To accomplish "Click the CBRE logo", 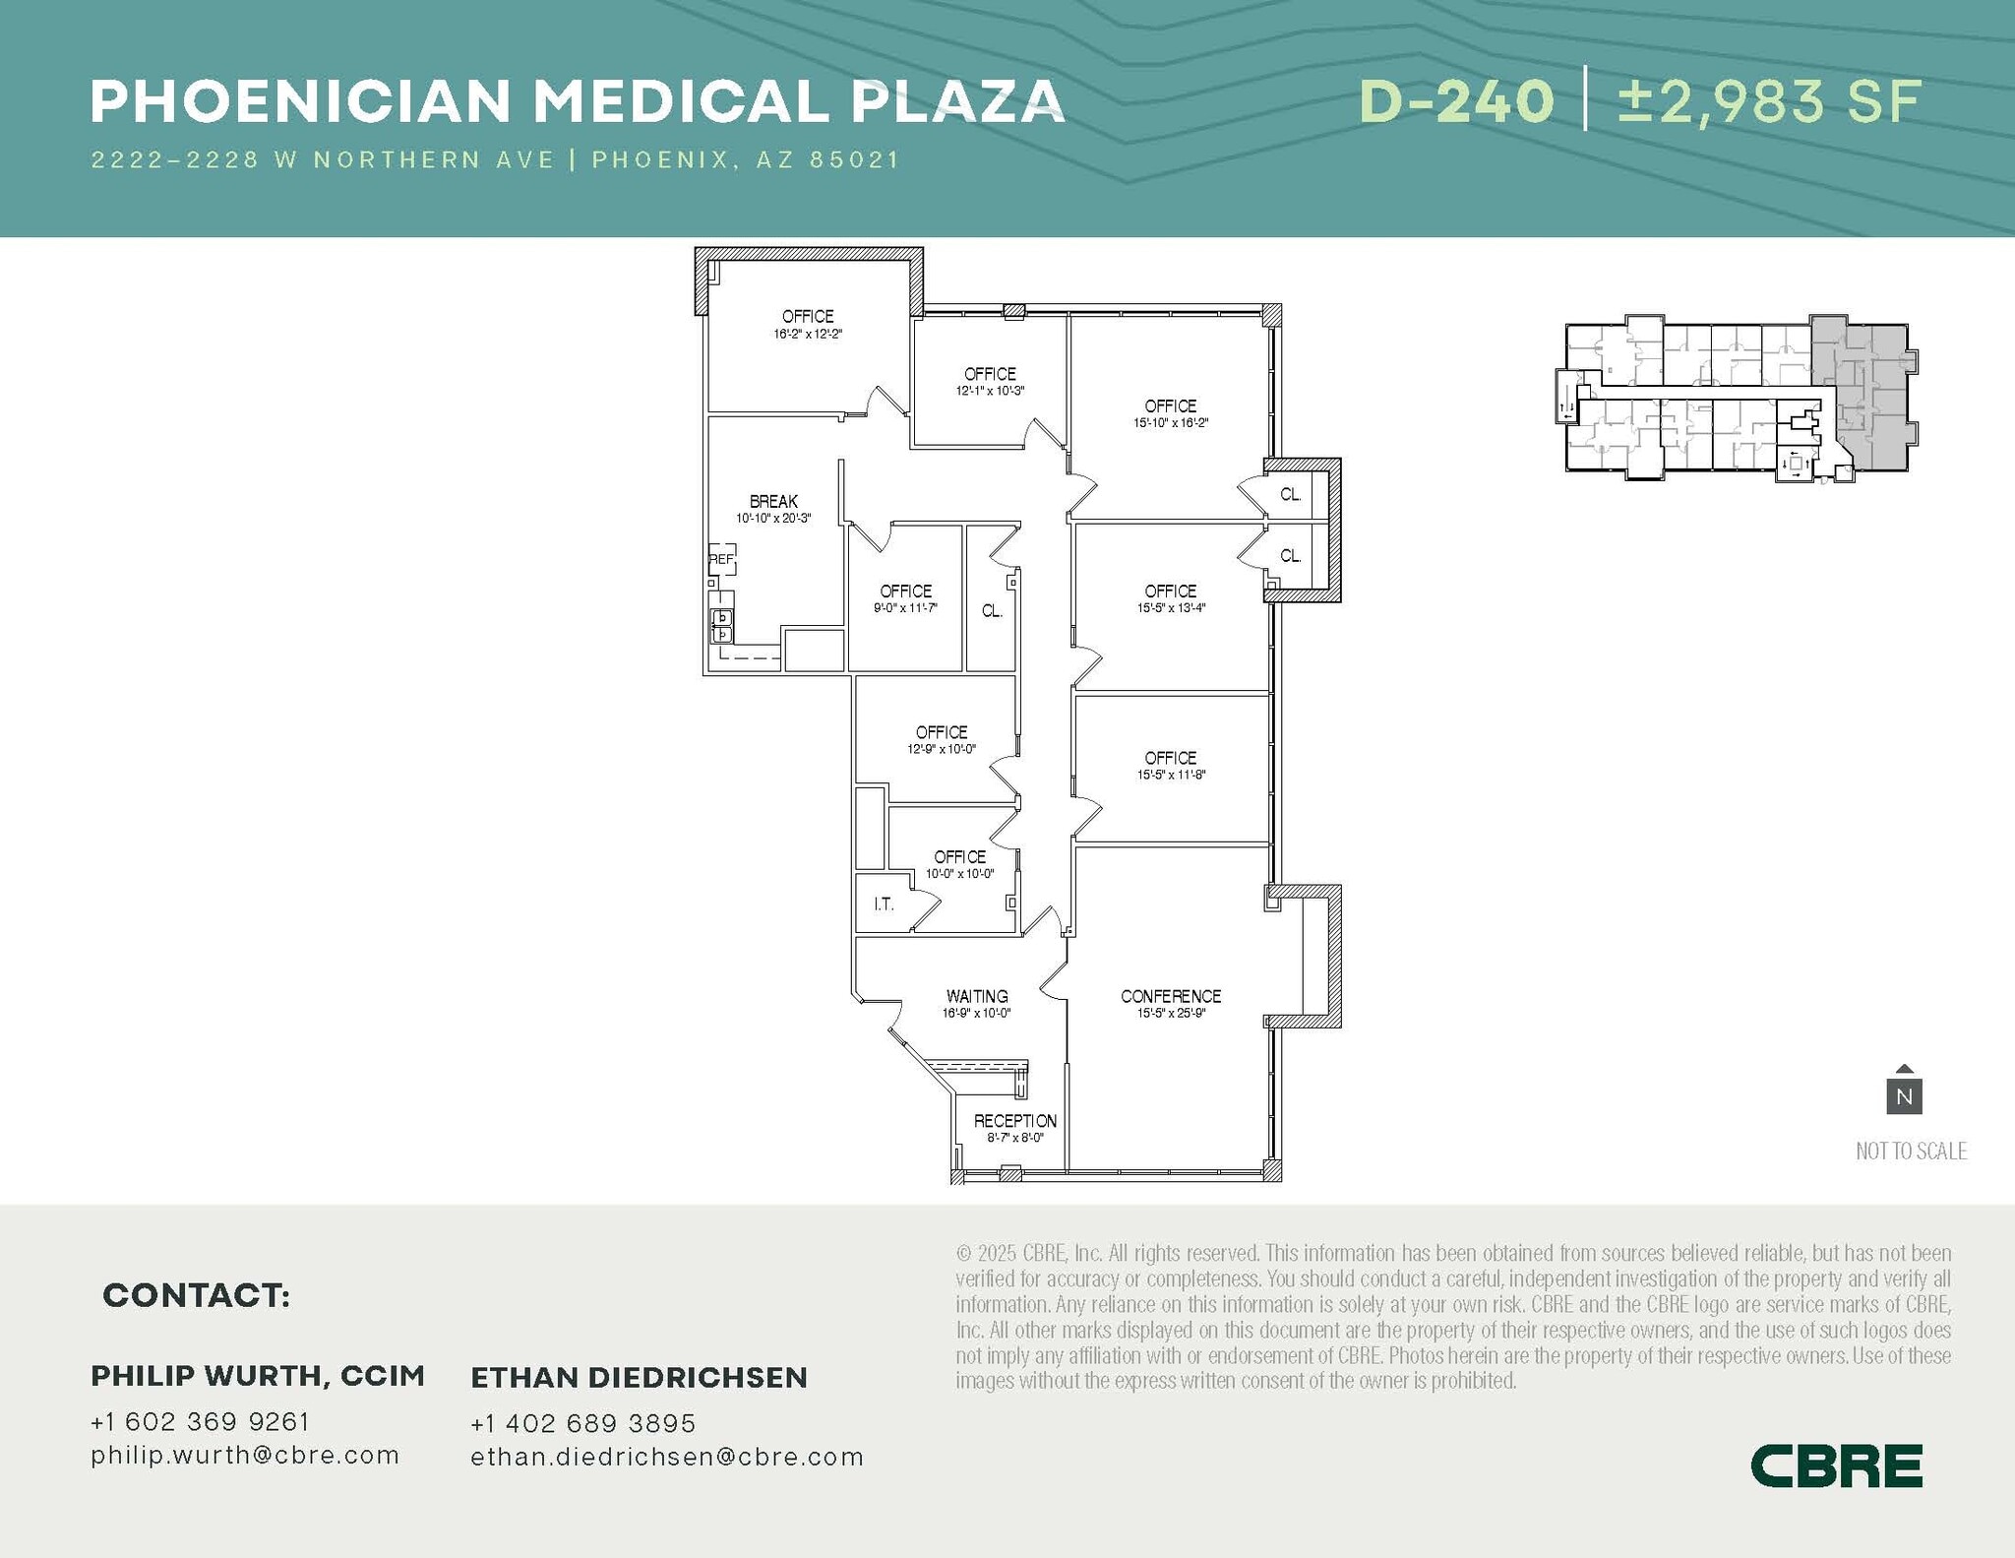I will point(1836,1465).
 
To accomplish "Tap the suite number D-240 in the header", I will point(1456,102).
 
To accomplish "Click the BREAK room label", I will point(773,502).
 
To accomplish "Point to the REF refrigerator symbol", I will point(721,559).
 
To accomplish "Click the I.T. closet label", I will point(884,904).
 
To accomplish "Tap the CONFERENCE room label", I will point(1170,996).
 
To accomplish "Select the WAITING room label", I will point(976,996).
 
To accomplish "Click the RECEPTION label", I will point(1014,1121).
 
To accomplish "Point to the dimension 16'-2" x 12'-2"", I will point(808,335).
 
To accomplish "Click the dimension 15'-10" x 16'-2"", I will point(1170,423).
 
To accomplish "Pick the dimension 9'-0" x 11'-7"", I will point(905,608).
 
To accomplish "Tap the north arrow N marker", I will point(1904,1094).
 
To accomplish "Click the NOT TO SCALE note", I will point(1911,1151).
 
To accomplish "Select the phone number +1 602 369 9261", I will point(201,1421).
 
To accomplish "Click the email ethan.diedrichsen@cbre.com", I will point(667,1457).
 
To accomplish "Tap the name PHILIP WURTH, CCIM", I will point(258,1376).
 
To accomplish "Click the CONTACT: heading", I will point(197,1295).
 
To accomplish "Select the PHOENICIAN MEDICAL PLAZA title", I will point(578,102).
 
